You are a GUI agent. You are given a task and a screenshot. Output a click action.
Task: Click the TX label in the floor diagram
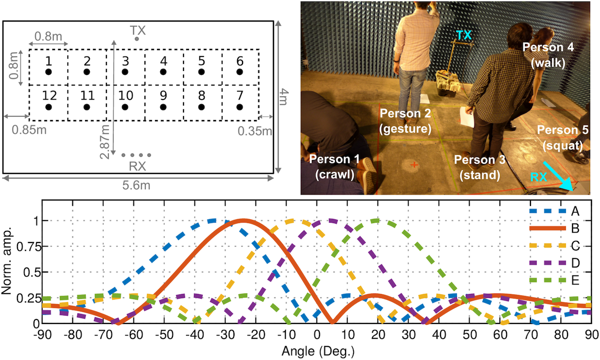pos(138,31)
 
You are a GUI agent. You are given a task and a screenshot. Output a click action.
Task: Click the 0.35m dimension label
pos(254,131)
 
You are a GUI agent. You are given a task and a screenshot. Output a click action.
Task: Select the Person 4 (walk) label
pos(548,55)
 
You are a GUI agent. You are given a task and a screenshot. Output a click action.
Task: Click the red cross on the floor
pos(414,164)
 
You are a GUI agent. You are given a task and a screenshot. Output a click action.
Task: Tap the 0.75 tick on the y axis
pos(25,246)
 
